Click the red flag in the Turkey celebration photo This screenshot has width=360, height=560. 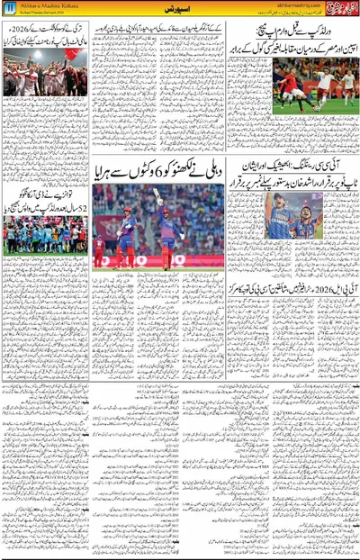tap(69, 54)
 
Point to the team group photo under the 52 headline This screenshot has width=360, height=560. tap(45, 235)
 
